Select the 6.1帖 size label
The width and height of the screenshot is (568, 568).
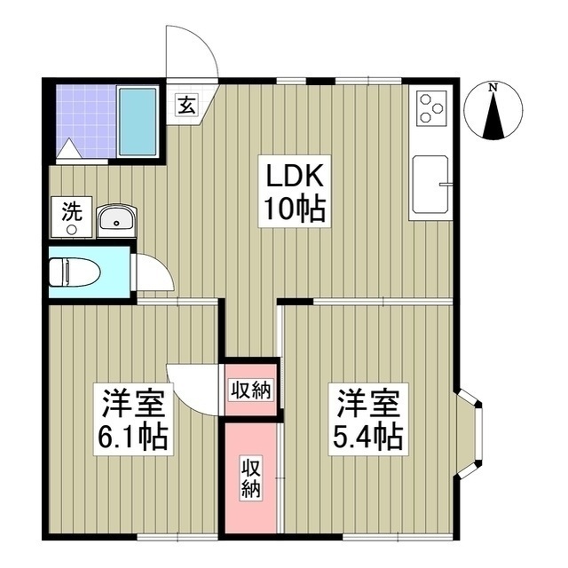[x=133, y=436]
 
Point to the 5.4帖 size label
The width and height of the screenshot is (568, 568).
[x=367, y=436]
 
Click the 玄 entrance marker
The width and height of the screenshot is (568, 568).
[x=188, y=105]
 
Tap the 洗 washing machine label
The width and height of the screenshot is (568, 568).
[x=71, y=211]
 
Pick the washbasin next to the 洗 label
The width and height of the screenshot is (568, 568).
[x=115, y=218]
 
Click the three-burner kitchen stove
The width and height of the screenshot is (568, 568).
[x=430, y=108]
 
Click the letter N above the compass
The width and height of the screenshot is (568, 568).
[x=493, y=87]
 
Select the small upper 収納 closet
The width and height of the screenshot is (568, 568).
[x=250, y=389]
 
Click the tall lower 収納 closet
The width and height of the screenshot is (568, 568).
[x=250, y=477]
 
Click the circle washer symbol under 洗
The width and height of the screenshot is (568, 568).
[x=72, y=228]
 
